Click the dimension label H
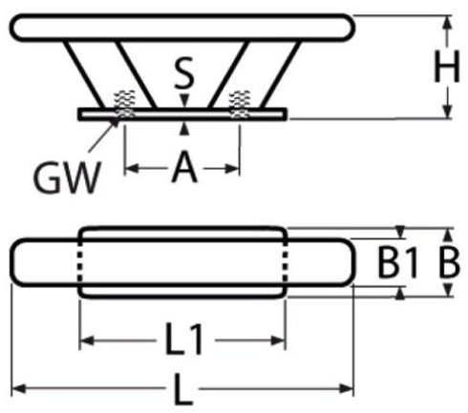(447, 67)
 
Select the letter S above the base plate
(184, 72)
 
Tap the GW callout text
(68, 177)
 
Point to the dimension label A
(184, 167)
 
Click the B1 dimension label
(397, 262)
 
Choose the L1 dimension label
(184, 339)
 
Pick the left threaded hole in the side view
(125, 104)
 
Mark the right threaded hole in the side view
(240, 104)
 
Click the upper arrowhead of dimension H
(448, 23)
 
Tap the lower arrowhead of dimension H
(448, 112)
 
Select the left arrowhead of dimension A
(132, 169)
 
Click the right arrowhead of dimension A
(232, 169)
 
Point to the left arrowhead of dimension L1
(87, 341)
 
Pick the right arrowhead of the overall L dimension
(347, 388)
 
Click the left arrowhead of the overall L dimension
(19, 388)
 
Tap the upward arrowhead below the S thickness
(184, 130)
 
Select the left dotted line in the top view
(79, 262)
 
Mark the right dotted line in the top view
(286, 262)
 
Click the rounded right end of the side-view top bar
(351, 28)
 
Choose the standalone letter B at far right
(449, 262)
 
